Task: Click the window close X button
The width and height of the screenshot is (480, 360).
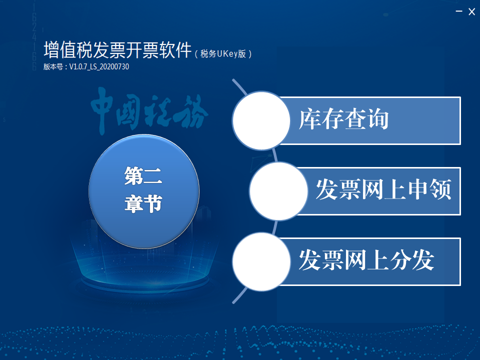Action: (x=471, y=11)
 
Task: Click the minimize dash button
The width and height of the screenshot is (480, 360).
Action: (x=459, y=11)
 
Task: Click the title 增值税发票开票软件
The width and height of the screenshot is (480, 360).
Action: (x=117, y=49)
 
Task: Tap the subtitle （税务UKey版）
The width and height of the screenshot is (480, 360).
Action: (x=223, y=54)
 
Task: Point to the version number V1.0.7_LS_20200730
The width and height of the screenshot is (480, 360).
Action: (x=99, y=66)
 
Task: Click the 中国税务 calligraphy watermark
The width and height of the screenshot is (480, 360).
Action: (x=149, y=110)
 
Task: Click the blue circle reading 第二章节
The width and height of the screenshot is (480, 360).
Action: (x=144, y=191)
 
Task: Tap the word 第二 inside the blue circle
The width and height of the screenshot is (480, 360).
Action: (x=143, y=175)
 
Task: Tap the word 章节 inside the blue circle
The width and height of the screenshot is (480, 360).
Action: (x=143, y=203)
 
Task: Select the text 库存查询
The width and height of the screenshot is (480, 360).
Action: (x=344, y=119)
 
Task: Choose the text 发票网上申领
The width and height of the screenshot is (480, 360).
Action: (x=383, y=189)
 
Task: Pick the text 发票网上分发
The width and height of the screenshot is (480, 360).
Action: (x=366, y=260)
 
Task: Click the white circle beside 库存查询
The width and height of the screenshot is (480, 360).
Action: (x=261, y=120)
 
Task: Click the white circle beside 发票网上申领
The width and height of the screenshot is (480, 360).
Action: (x=278, y=191)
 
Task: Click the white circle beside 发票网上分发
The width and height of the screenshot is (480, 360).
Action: (x=261, y=261)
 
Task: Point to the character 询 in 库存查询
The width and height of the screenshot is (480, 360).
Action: (x=378, y=119)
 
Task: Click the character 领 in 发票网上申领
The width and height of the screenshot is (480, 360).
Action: (x=440, y=189)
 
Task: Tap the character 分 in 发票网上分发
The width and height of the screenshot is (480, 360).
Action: (x=400, y=260)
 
